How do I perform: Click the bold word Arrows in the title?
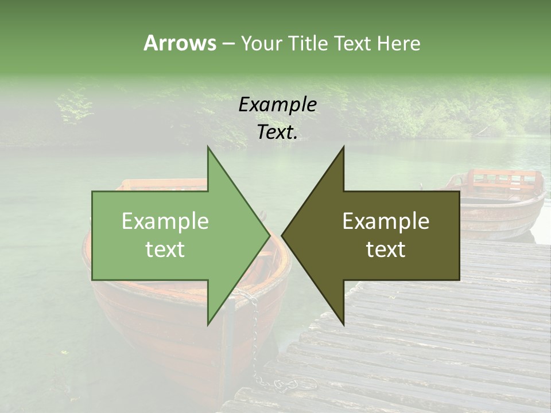(180, 43)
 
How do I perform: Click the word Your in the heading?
(261, 43)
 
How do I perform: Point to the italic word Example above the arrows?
(277, 105)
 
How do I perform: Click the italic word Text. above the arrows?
(277, 133)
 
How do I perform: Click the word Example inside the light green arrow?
(165, 221)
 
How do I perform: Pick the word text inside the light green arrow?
(165, 250)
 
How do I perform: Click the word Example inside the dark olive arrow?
(386, 221)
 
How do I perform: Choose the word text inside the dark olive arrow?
(386, 250)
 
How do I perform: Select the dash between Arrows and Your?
(228, 44)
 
